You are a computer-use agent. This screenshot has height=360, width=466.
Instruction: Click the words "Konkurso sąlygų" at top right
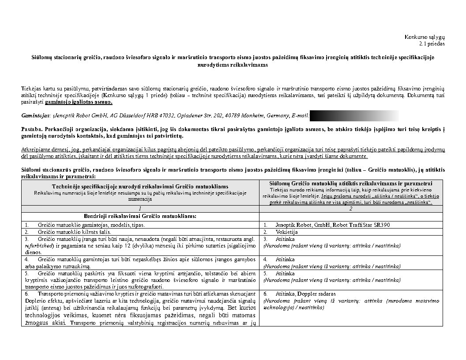point(425,37)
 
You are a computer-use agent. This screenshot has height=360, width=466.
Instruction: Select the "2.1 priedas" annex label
point(432,43)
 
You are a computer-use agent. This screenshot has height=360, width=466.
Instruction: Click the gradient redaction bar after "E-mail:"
point(354,116)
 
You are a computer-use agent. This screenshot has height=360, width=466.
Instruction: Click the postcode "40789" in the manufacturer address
point(233,116)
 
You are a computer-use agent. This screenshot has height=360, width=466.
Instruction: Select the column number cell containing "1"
point(140,208)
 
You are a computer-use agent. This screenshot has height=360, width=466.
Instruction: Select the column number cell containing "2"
point(351,208)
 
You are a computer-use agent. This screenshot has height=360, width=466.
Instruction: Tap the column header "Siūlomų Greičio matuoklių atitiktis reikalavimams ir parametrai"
point(351,184)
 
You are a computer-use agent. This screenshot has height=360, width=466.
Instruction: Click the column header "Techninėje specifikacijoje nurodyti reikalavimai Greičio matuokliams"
point(140,187)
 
